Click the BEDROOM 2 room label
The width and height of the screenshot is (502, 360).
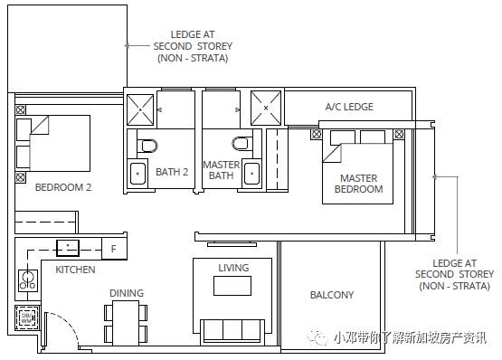pos(63,187)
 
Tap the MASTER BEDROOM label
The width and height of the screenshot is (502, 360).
pos(358,184)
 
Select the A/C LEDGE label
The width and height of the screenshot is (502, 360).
pos(349,107)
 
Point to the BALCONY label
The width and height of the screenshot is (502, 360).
pos(332,295)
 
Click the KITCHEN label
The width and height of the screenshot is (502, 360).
pos(75,270)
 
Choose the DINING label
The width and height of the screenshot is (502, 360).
pos(127,293)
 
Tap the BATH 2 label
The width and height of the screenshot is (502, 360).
pos(172,172)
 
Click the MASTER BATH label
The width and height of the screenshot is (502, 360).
pos(222,170)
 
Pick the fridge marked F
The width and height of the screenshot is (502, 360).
pos(114,249)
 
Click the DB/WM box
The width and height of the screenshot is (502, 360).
pos(27,318)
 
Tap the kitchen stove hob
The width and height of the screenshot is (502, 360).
pos(28,280)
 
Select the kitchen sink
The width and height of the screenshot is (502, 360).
pos(68,248)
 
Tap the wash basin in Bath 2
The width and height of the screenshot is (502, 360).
pos(138,174)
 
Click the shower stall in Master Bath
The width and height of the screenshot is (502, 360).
pos(266,109)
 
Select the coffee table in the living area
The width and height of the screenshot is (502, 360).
pos(232,286)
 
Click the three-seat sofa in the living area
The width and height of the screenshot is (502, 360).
pos(232,332)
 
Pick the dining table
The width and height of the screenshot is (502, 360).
pos(126,323)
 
